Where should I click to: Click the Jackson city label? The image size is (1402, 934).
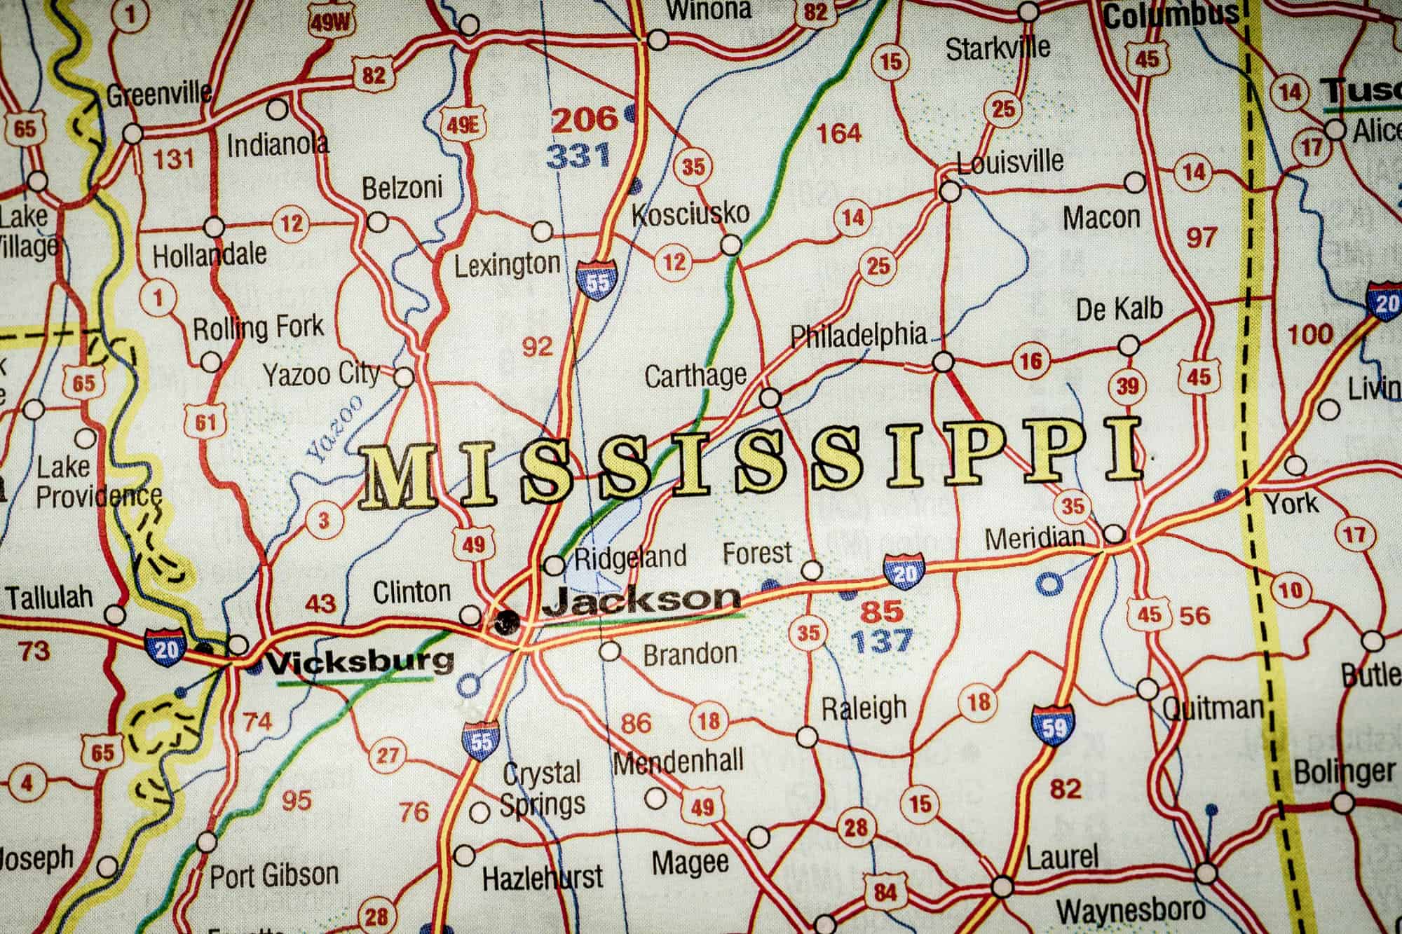click(641, 599)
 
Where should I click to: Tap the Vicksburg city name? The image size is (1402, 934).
click(359, 661)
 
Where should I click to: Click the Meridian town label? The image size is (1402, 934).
click(1034, 538)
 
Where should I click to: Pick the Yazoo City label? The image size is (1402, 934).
click(321, 375)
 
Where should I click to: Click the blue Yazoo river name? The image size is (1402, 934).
click(335, 429)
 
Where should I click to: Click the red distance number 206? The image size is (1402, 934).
click(585, 120)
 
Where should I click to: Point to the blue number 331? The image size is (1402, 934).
click(578, 156)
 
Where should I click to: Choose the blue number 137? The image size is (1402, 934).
click(881, 640)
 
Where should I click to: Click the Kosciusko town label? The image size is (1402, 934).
click(690, 213)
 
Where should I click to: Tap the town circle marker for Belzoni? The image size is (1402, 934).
click(378, 222)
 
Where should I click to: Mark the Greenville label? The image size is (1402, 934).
click(158, 93)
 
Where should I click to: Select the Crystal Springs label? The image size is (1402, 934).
click(542, 789)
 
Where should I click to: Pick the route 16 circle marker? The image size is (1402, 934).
click(1030, 362)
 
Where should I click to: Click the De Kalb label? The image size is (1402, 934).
click(1119, 308)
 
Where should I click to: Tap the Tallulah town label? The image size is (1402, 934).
click(49, 598)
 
